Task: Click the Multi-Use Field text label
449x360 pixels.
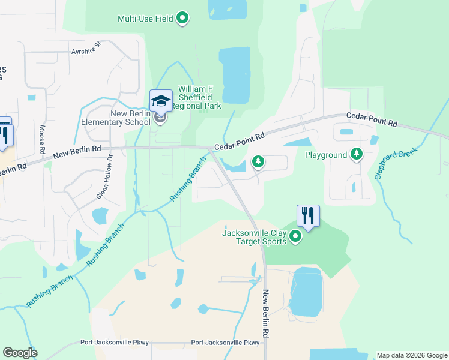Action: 145,19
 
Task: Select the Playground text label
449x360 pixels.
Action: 326,155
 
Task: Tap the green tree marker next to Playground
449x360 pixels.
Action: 357,154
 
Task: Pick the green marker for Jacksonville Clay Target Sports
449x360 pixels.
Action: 295,238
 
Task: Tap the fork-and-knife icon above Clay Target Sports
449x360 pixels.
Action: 308,215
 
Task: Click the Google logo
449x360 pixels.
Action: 20,353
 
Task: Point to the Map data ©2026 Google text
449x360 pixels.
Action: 412,355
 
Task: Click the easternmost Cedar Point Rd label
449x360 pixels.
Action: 372,119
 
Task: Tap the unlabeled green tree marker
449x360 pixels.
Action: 258,161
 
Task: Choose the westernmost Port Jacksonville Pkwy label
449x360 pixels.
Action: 114,343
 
